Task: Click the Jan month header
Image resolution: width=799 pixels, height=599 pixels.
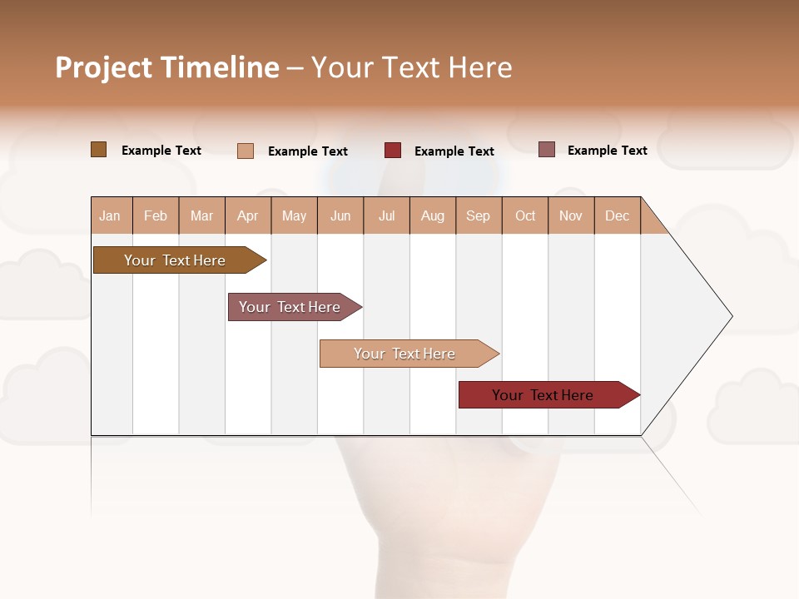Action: click(110, 215)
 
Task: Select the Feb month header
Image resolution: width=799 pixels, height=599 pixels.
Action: click(156, 215)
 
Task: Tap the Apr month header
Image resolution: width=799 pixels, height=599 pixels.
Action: click(247, 215)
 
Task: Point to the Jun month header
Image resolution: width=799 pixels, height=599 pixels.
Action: click(340, 215)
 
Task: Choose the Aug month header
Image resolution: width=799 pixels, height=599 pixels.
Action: click(433, 215)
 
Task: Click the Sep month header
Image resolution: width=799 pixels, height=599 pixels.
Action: click(478, 215)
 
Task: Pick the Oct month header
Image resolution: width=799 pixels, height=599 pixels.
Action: click(525, 215)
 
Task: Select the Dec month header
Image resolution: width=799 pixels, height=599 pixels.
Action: click(617, 215)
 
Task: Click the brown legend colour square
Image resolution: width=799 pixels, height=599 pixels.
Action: click(99, 150)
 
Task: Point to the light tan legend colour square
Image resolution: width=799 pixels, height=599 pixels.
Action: click(246, 151)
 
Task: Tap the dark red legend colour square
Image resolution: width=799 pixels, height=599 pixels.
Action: click(393, 151)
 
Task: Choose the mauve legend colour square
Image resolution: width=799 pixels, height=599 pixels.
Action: click(547, 150)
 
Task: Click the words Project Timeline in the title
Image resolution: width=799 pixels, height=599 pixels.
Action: click(167, 67)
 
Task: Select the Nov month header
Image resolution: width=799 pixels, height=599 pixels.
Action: click(571, 215)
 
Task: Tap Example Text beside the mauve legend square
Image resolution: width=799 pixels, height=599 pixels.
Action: click(607, 151)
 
